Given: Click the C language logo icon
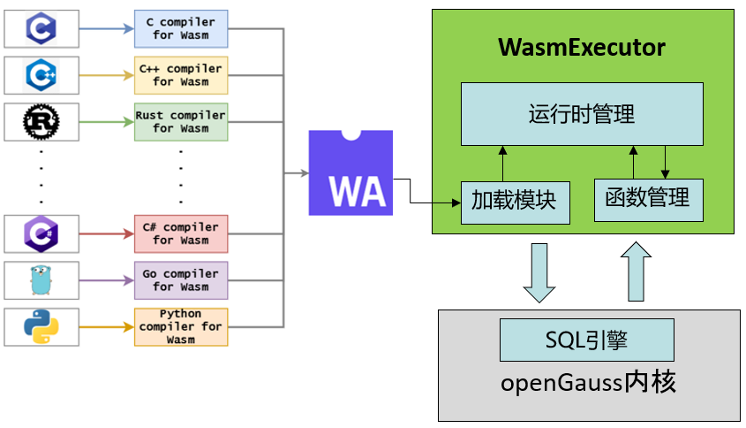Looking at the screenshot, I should point(41,28).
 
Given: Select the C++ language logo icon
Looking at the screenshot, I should point(41,75).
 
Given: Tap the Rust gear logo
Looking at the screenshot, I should point(41,122).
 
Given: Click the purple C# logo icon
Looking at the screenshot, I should point(41,233).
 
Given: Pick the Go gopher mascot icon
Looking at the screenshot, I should point(41,280).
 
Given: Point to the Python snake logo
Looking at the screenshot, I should point(41,327).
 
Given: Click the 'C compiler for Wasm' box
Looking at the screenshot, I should point(181,28).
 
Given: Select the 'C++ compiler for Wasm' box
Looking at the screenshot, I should point(181,75).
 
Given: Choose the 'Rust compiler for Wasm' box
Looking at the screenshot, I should point(181,122).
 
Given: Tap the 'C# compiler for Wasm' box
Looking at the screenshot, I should point(181,233).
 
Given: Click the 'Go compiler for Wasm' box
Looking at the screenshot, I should point(181,280).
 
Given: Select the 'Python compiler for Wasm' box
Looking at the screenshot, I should point(181,326).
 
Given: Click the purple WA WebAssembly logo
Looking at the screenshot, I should point(350,172).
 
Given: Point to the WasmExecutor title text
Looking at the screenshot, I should point(582,48).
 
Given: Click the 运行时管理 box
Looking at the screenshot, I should point(582,114).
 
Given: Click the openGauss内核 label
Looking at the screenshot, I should point(589,384).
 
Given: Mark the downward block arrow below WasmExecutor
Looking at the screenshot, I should point(539,273).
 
